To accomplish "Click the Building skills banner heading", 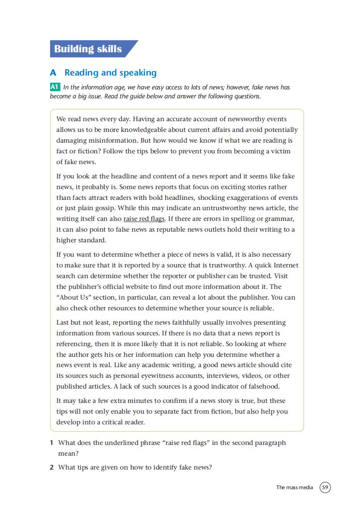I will pos(88,49).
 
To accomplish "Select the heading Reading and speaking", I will pos(110,72).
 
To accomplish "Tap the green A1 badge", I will pos(55,87).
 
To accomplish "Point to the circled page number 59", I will pos(326,487).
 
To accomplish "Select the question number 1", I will pos(52,443).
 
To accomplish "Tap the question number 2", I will pos(52,468).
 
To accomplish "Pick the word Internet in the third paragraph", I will pos(283,265).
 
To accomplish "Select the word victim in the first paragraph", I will pos(280,151).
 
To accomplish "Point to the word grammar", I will pos(281,219).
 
